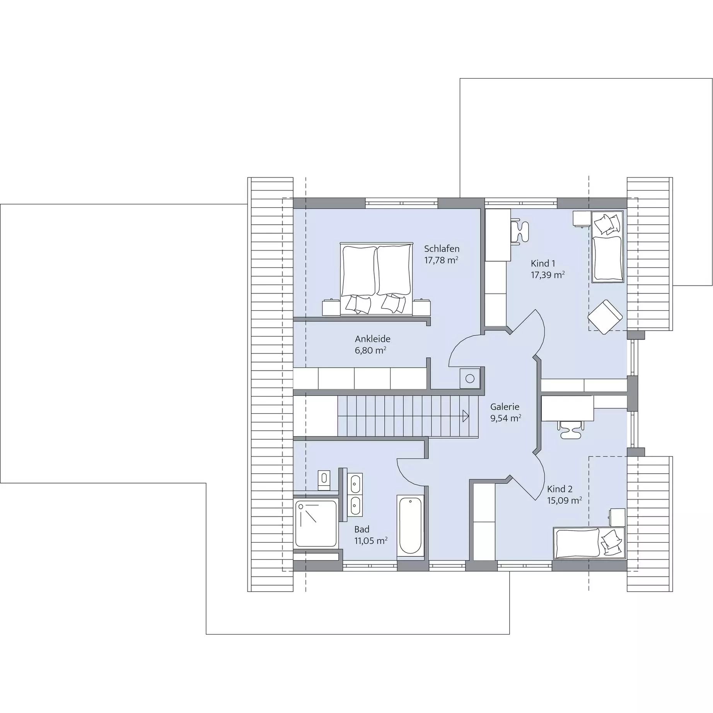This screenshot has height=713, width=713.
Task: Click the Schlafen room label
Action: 442,249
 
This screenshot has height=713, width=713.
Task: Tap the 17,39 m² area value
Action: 548,275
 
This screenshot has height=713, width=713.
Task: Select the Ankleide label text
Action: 373,339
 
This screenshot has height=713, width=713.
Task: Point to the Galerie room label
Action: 505,407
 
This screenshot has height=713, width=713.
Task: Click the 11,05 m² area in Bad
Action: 371,541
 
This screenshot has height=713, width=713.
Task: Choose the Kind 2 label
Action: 560,489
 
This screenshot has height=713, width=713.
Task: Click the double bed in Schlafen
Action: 375,279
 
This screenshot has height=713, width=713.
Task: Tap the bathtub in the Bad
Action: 410,526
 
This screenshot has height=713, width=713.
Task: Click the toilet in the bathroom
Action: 324,479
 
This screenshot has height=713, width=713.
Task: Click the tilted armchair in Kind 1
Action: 605,317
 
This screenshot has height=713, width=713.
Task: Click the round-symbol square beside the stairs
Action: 470,379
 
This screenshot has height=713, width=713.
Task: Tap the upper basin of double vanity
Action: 355,483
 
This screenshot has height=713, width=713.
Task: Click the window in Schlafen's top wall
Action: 401,203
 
